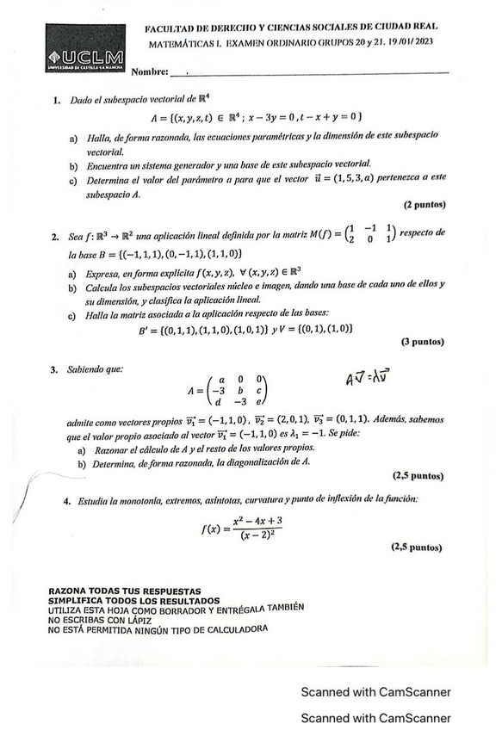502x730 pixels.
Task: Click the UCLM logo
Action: (85, 52)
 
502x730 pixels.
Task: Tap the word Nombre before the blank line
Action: (150, 71)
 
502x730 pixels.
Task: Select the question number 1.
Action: (56, 100)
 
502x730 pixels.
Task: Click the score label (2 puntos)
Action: (422, 207)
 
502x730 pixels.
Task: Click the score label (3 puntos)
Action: (422, 342)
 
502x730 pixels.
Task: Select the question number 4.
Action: (65, 500)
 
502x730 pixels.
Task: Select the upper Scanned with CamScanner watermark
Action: (375, 692)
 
